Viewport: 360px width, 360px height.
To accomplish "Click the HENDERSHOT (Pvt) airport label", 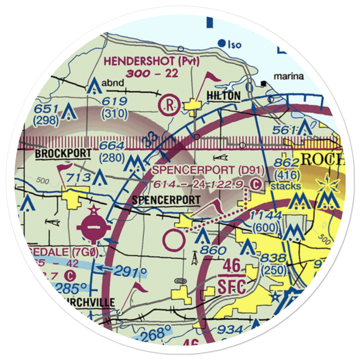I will (x=152, y=61).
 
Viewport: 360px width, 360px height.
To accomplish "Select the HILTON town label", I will (x=223, y=96).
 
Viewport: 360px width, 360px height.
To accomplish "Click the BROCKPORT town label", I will (x=63, y=154).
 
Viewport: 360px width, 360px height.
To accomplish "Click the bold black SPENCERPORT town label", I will (x=166, y=200).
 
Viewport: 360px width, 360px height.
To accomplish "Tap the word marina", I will (x=289, y=76).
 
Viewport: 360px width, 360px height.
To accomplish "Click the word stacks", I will (x=286, y=186).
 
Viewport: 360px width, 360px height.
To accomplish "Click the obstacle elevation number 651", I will (x=45, y=109).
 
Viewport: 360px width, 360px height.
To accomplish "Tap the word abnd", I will (x=113, y=83).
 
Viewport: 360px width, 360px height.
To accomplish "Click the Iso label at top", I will (x=234, y=45).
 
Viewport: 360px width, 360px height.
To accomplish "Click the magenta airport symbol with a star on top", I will (x=93, y=226).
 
